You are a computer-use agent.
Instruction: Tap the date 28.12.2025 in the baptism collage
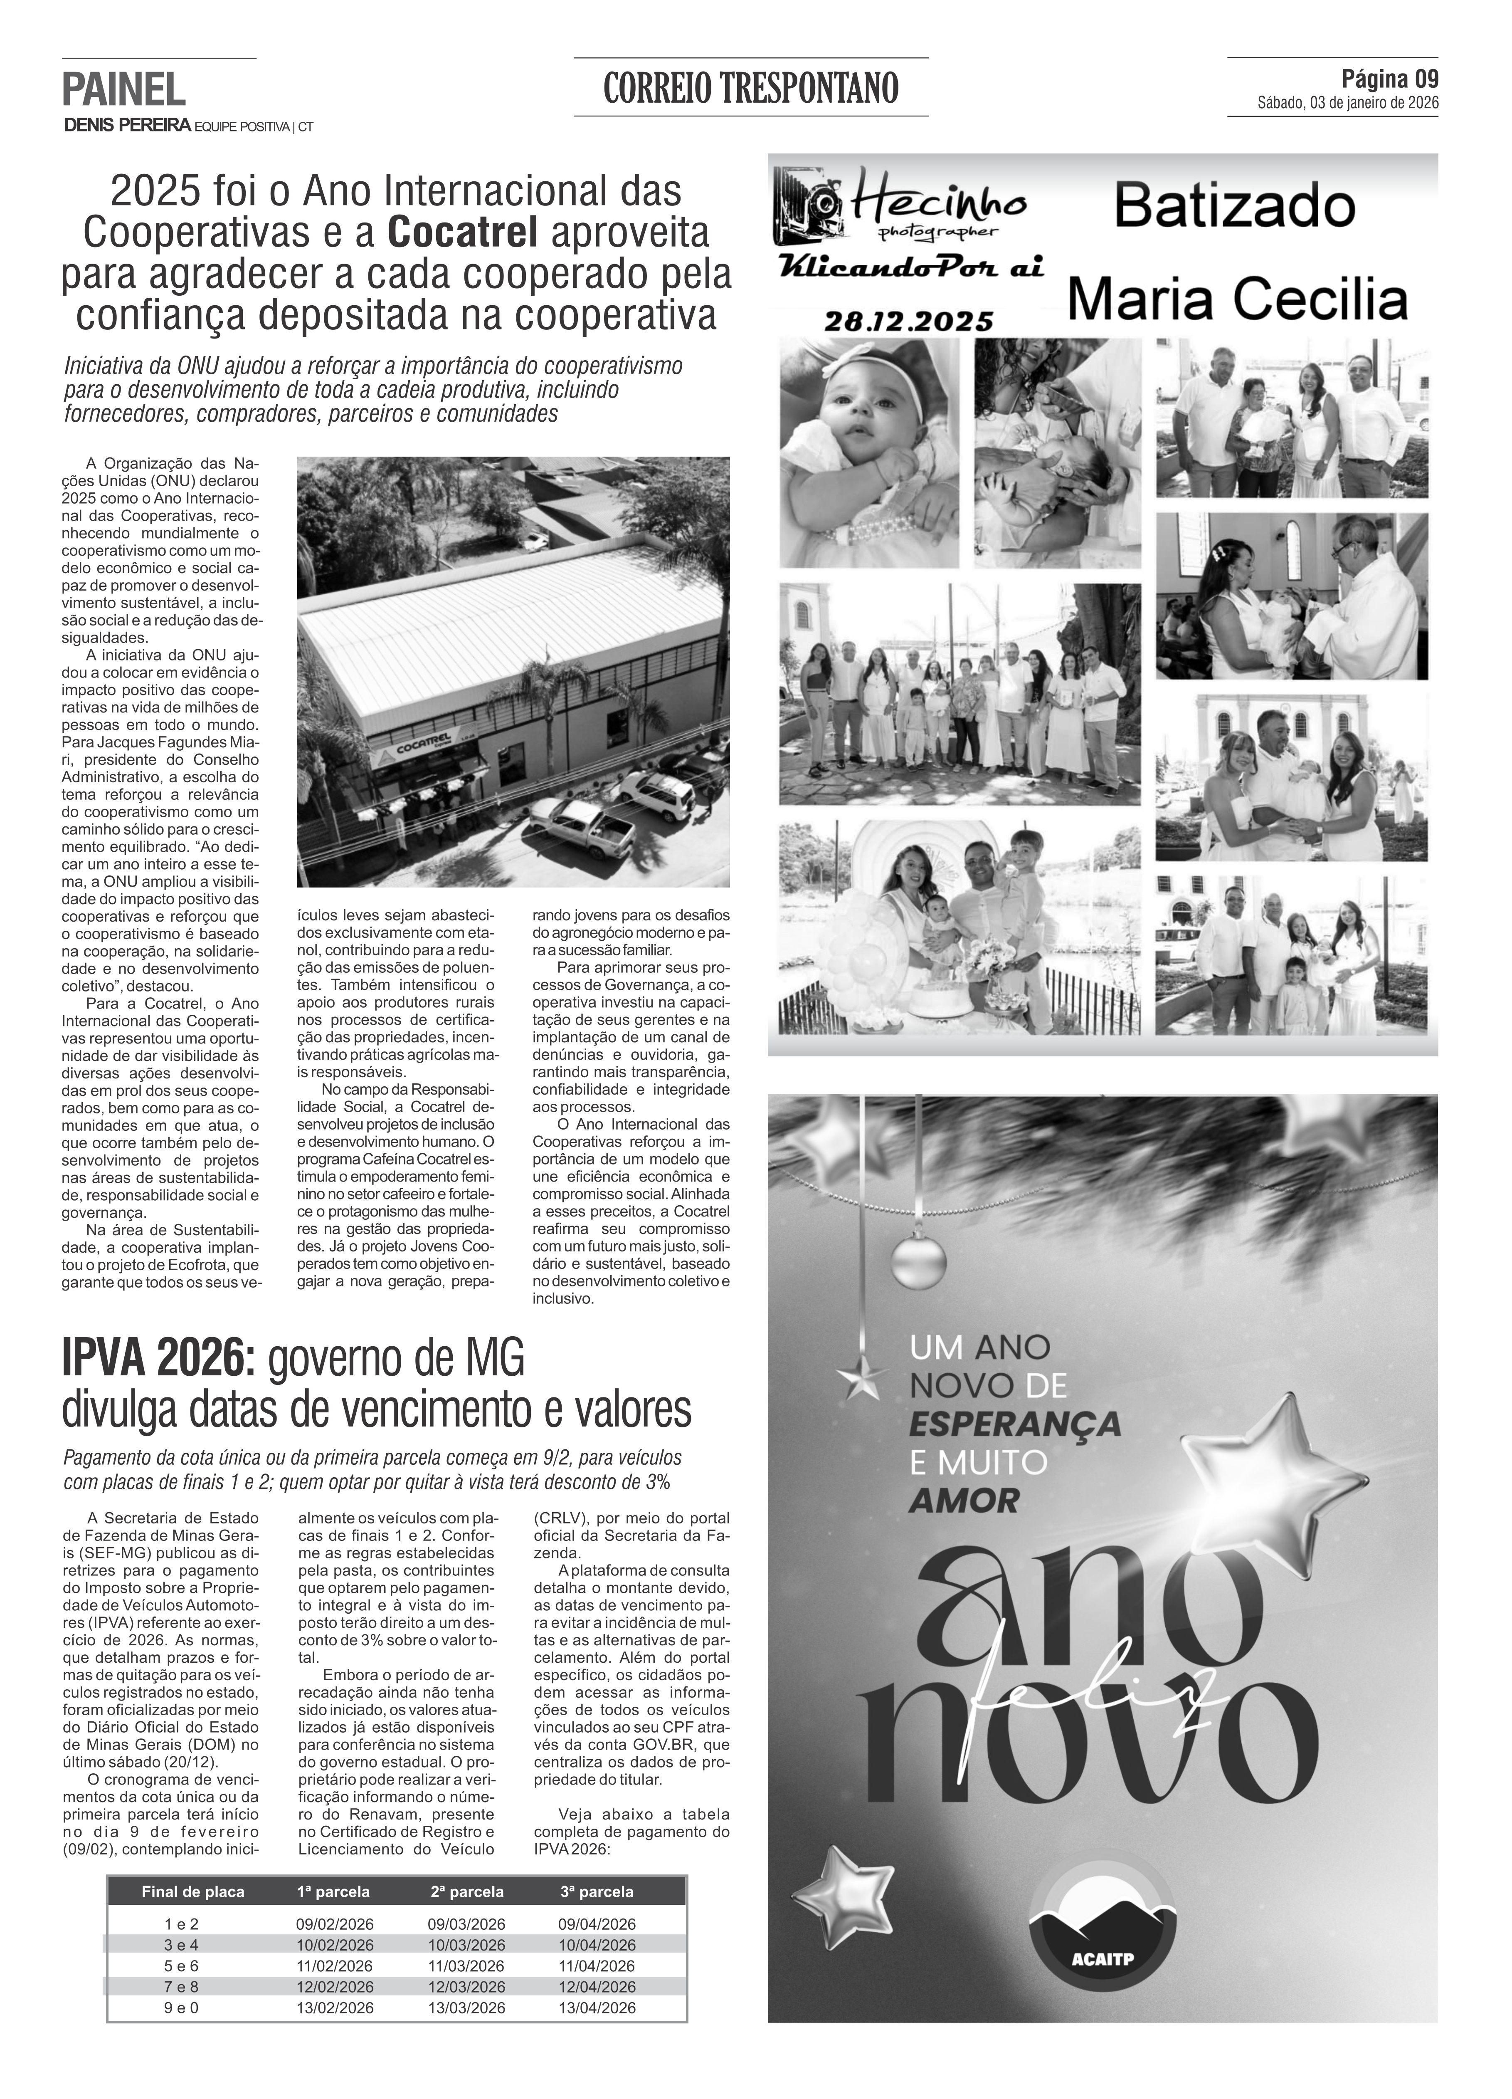tap(908, 321)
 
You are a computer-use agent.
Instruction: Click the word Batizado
tap(1234, 207)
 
